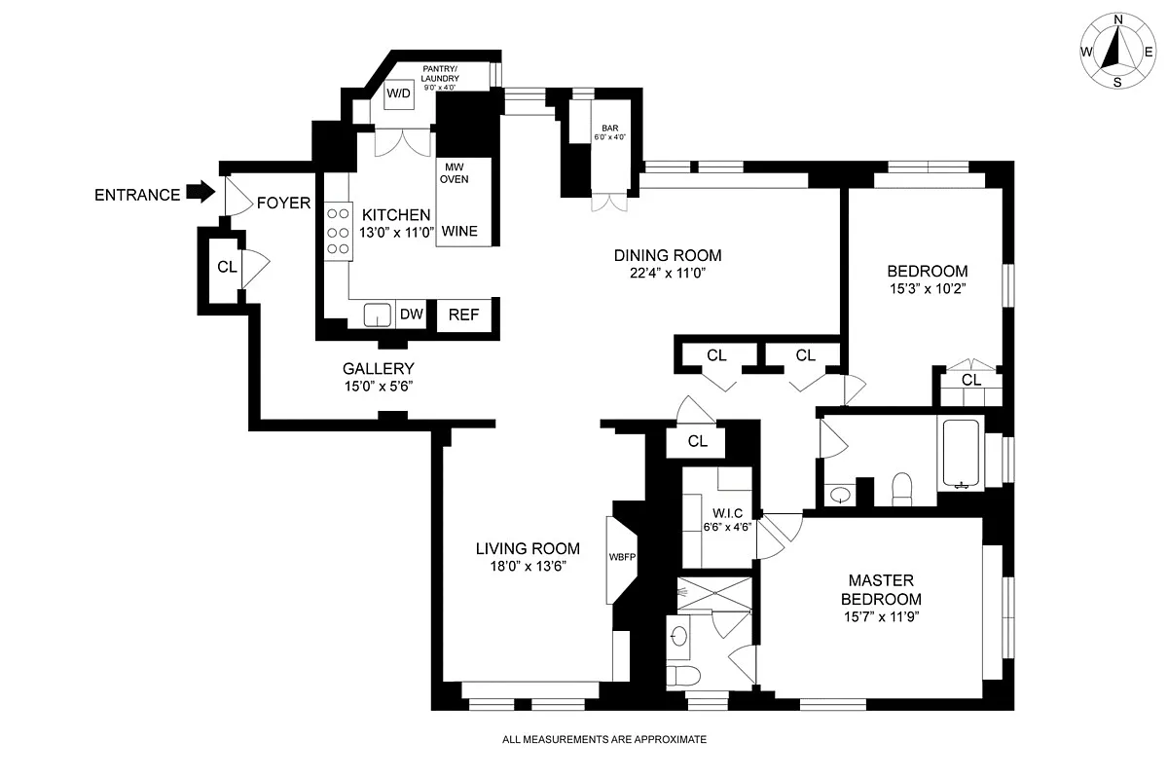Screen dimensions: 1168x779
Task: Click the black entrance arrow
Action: point(201,192)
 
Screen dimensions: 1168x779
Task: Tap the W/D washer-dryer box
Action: point(398,93)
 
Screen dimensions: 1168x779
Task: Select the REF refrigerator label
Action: point(463,315)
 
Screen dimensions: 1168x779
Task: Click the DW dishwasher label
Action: point(411,315)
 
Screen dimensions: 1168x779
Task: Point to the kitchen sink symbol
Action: point(377,315)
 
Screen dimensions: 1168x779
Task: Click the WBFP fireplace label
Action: point(622,557)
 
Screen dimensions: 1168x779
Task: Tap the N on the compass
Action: point(1118,19)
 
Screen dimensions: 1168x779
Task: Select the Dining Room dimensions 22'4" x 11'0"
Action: point(668,273)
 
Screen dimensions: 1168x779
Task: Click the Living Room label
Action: point(528,548)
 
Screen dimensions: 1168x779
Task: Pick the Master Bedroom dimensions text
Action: point(881,616)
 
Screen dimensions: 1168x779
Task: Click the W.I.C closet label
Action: point(727,513)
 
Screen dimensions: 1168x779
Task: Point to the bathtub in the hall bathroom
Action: point(961,454)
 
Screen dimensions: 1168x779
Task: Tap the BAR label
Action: point(610,128)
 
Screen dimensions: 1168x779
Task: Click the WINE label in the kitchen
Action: point(459,231)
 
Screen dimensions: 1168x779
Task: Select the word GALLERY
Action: point(378,369)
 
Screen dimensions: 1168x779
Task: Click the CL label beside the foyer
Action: point(227,267)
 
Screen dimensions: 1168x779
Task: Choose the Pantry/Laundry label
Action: point(440,74)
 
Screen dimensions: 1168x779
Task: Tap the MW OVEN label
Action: point(455,173)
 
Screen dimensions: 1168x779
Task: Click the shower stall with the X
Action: point(714,593)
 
